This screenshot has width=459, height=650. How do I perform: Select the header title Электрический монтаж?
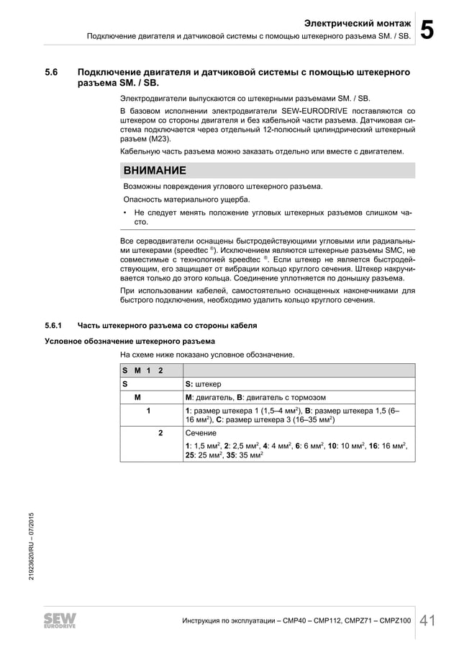click(357, 23)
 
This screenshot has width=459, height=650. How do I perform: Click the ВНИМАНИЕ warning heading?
click(155, 171)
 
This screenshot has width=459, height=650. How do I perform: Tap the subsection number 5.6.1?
click(55, 326)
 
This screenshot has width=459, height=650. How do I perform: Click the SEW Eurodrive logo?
click(62, 620)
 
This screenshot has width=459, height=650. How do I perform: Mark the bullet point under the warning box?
click(125, 213)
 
